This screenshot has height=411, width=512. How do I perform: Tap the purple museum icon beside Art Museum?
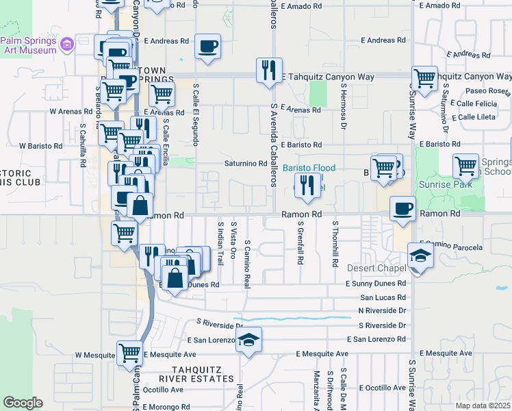pyautogui.click(x=66, y=45)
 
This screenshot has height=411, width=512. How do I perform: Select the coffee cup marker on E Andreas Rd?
pyautogui.click(x=207, y=46)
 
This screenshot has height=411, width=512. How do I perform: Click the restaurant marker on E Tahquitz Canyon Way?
pyautogui.click(x=268, y=70)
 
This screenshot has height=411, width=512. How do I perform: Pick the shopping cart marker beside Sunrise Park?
pyautogui.click(x=465, y=165)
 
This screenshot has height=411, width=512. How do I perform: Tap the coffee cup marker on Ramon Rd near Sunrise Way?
pyautogui.click(x=403, y=208)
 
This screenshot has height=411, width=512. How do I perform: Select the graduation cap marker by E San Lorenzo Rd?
pyautogui.click(x=249, y=340)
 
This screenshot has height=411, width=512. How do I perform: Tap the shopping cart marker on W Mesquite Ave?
pyautogui.click(x=129, y=354)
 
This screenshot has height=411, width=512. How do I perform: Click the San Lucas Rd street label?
pyautogui.click(x=383, y=297)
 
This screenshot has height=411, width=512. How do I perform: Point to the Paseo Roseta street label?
pyautogui.click(x=489, y=91)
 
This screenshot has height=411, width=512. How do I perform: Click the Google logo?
pyautogui.click(x=23, y=403)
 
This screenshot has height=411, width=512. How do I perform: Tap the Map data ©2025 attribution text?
pyautogui.click(x=483, y=406)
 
